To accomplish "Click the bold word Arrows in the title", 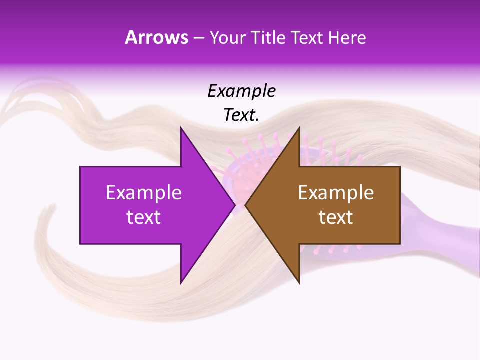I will point(156,37).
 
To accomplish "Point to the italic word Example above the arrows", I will point(241,91).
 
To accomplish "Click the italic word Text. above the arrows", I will point(241,115).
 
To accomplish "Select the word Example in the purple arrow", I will point(143,192).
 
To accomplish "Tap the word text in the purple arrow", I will point(143,217).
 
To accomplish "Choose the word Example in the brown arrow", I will point(336,192).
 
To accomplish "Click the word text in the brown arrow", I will point(336,217).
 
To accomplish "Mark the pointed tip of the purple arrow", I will point(235,205).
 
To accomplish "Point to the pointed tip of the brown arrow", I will point(245,205).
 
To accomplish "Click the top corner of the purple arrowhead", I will point(181,128).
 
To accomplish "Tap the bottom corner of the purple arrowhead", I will point(181,283).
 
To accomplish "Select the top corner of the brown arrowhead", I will point(299,128).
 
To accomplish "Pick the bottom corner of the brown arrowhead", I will point(299,283).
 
